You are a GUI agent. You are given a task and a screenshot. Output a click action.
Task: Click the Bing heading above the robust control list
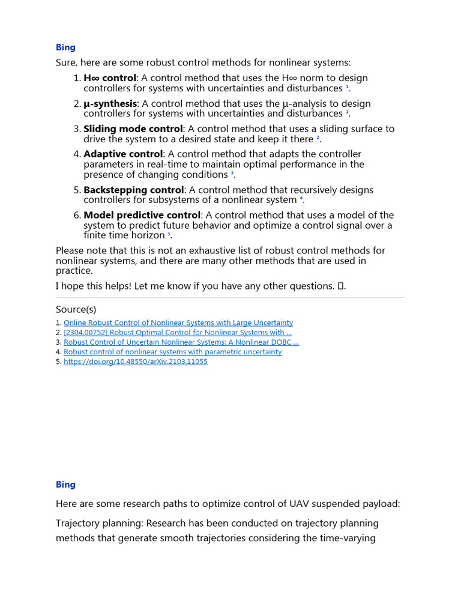point(65,47)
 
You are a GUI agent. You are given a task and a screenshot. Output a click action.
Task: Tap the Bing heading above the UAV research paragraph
point(65,485)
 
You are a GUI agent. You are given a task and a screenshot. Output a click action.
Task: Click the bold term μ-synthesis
point(110,104)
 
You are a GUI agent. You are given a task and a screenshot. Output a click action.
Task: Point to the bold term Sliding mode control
point(133,129)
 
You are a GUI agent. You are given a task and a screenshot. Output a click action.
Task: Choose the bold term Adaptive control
point(123,154)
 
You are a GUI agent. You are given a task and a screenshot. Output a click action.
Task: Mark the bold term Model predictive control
point(142,216)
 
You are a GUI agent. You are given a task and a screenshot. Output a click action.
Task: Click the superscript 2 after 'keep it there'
point(318,138)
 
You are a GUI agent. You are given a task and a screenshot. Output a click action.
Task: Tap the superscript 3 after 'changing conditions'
point(232,174)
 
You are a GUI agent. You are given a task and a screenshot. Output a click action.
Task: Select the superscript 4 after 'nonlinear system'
point(301,199)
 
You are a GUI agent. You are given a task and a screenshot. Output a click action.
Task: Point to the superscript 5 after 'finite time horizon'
point(169,235)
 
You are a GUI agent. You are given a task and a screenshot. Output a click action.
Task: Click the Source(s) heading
point(76,309)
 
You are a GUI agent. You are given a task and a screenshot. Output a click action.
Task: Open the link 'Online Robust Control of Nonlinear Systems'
point(178,323)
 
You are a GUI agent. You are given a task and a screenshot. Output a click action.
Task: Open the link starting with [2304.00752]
point(178,333)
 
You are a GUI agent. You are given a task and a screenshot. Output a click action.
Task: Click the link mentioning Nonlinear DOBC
point(181,342)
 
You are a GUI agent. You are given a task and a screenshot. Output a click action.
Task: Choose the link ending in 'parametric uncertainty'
point(172,352)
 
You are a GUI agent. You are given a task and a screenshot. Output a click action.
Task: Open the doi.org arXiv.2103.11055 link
point(136,362)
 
